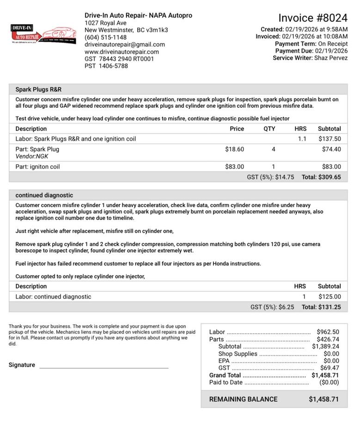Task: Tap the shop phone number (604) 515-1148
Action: [105, 37]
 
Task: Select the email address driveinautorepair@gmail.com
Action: [124, 44]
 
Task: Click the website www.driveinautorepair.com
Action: [122, 52]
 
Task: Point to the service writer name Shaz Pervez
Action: [331, 58]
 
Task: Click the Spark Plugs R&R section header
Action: [38, 89]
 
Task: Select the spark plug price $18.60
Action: [234, 149]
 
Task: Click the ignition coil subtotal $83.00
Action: [331, 166]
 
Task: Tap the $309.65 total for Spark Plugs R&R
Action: [330, 177]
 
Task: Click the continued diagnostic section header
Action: [44, 195]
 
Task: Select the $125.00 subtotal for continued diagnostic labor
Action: [329, 296]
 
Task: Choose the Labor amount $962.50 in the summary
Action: [328, 332]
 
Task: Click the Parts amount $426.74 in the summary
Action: [328, 339]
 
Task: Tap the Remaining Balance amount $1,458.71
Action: [323, 399]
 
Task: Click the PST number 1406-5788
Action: [113, 66]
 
